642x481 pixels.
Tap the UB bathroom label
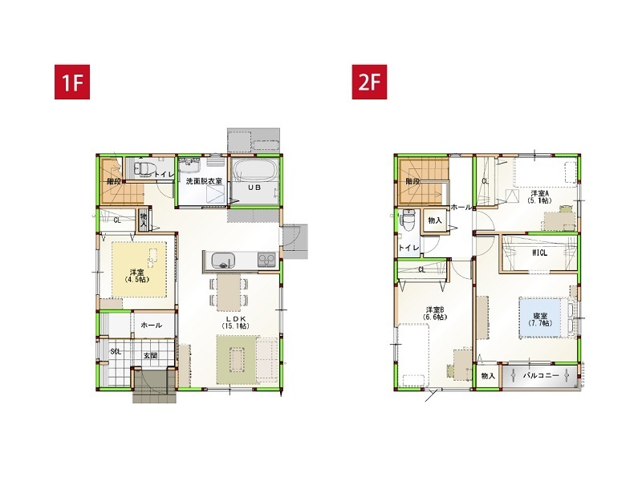[253, 188]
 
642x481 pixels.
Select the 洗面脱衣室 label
[204, 182]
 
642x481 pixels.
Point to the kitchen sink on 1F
[221, 260]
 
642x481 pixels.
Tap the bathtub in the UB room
[256, 170]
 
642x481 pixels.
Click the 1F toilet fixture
[143, 170]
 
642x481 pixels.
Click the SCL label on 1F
[116, 351]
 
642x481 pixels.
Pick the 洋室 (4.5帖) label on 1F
[136, 276]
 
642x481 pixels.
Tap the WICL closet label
[540, 253]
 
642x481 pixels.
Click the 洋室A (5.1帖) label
[540, 197]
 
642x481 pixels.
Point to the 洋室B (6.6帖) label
[435, 313]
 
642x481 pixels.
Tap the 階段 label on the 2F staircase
[412, 182]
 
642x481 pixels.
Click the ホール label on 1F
[151, 325]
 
